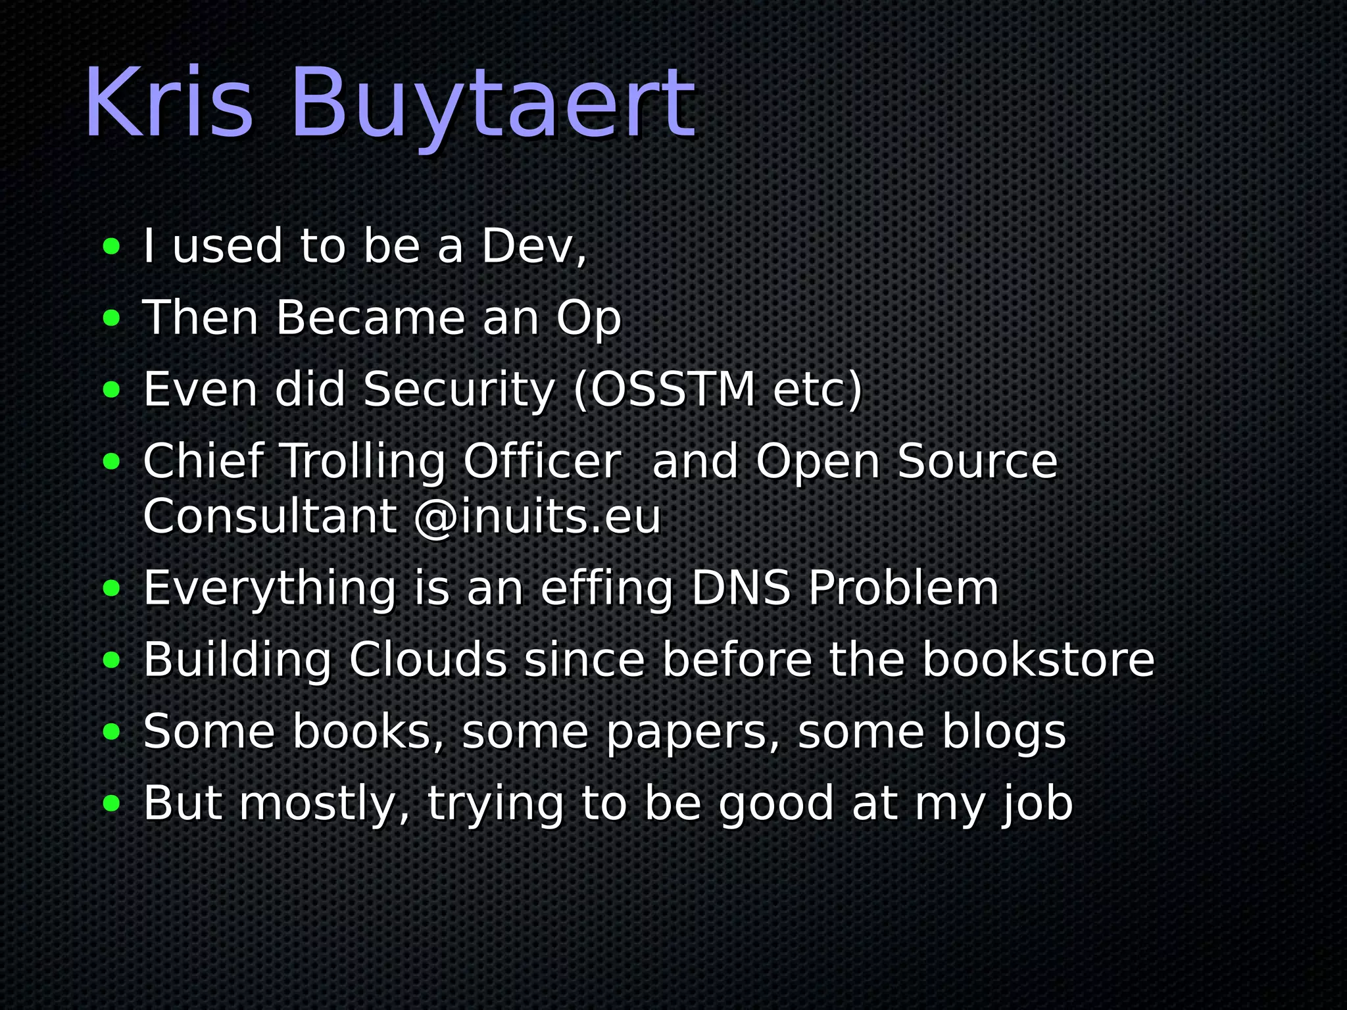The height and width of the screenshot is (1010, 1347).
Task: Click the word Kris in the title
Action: coord(168,103)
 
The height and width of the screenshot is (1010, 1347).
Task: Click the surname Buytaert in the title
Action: coord(492,105)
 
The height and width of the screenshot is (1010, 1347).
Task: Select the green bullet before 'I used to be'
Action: coord(112,247)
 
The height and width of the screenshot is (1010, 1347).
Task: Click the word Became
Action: coord(370,318)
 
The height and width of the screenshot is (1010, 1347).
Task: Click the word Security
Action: coord(459,389)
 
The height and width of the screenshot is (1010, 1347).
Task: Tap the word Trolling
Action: coord(364,462)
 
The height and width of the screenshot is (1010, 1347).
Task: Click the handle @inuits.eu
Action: coord(537,517)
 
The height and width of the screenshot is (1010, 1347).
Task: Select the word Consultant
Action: coord(270,517)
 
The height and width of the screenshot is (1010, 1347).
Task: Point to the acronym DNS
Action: coord(741,588)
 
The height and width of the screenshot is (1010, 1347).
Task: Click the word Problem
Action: coord(904,588)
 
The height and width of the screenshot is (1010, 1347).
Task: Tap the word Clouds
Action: coord(428,660)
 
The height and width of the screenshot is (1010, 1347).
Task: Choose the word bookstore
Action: coord(1038,660)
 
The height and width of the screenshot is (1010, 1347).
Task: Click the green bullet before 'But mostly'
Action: coord(112,804)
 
